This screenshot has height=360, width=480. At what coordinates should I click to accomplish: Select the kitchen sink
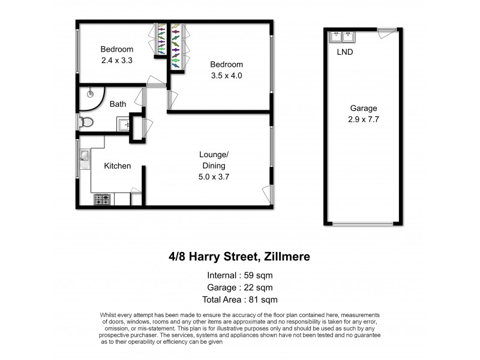click(x=84, y=157)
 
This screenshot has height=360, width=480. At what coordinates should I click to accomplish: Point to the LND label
click(x=345, y=52)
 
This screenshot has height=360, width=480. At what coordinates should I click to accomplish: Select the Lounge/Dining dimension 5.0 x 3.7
click(x=214, y=177)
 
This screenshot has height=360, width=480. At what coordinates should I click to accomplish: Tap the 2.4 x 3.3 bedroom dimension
click(x=117, y=60)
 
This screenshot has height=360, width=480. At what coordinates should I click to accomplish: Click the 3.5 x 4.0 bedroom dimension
click(x=226, y=76)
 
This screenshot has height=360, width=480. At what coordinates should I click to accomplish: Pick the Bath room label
click(x=118, y=104)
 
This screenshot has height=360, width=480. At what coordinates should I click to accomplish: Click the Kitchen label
click(x=118, y=166)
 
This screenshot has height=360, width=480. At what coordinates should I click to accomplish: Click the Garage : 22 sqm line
click(x=239, y=287)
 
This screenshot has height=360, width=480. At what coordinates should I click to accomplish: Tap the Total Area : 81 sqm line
click(x=239, y=299)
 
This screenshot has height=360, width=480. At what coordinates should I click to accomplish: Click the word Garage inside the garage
click(x=364, y=109)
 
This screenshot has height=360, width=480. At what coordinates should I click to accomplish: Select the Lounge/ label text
click(x=214, y=154)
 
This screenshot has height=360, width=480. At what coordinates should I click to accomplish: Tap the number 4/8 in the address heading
click(x=177, y=257)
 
